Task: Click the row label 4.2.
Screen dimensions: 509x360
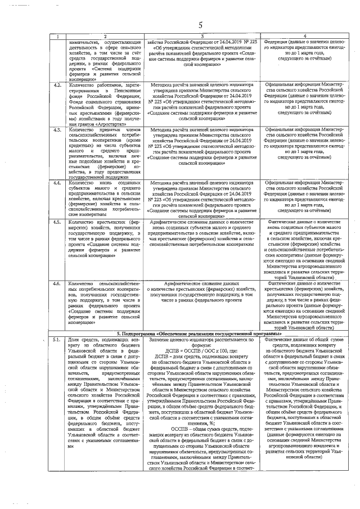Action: pos(57,85)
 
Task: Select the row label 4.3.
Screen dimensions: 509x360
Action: pos(57,130)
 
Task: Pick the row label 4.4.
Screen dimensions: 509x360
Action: pos(57,183)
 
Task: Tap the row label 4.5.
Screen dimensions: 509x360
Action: pos(57,222)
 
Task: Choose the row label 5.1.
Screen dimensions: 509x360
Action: pos(57,340)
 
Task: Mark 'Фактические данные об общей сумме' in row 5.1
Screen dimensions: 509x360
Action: pos(304,340)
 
